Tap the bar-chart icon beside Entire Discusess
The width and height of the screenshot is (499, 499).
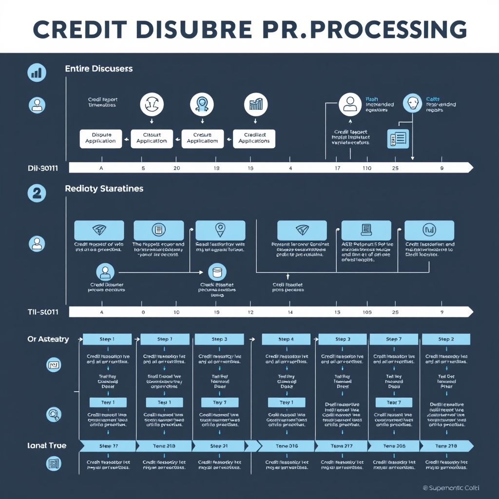click(37, 73)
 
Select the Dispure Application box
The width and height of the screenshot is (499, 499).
click(100, 138)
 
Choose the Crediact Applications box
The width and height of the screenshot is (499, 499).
click(254, 138)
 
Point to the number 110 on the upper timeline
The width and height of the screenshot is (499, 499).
click(366, 168)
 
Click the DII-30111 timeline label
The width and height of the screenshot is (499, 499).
click(43, 168)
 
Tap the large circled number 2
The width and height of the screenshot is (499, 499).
click(37, 192)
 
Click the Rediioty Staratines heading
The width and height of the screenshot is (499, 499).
click(104, 188)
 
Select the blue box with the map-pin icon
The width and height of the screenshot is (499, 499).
click(220, 230)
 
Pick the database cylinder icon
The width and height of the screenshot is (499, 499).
click(217, 272)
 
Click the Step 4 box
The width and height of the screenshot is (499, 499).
click(286, 339)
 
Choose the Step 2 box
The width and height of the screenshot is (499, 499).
click(446, 339)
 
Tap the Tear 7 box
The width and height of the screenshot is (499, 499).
click(394, 403)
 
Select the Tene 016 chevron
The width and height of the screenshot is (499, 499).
click(286, 446)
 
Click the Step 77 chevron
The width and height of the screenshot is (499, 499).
click(109, 446)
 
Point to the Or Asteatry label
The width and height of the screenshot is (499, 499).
click(48, 339)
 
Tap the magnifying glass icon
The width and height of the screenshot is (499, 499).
click(53, 414)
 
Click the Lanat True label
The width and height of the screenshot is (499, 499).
click(47, 445)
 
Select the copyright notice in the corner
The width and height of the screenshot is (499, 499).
click(444, 487)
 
